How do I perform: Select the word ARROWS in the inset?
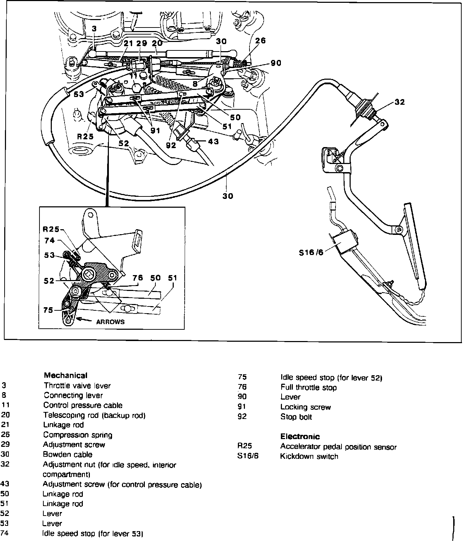click(x=110, y=322)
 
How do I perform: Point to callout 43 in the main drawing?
click(x=213, y=141)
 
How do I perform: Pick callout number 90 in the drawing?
click(x=276, y=63)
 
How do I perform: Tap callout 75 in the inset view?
click(x=48, y=310)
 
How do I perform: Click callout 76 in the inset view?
click(x=137, y=278)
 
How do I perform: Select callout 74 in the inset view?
click(x=50, y=241)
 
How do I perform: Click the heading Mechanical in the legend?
click(x=66, y=375)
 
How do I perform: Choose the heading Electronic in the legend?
click(x=300, y=437)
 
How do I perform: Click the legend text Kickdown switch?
click(x=309, y=456)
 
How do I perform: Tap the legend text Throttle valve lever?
click(x=77, y=385)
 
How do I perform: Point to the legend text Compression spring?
click(x=78, y=435)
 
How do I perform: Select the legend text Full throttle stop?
click(x=308, y=388)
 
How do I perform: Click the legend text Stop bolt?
click(x=296, y=417)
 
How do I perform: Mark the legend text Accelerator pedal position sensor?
click(x=338, y=447)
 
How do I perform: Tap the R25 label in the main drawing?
click(x=85, y=136)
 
